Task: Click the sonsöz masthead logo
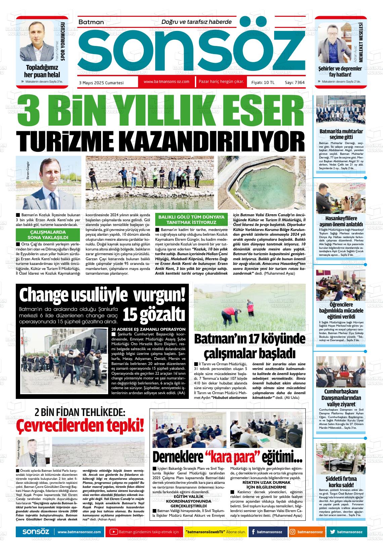[x=191, y=50]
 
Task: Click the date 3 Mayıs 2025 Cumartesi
[x=101, y=82]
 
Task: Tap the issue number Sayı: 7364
[x=295, y=82]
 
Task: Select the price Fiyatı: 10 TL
[x=263, y=82]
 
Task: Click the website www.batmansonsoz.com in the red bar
[x=166, y=82]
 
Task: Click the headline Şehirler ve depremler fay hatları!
[x=340, y=72]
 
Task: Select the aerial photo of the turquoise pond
[x=261, y=182]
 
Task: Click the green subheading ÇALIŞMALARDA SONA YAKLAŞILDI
[x=48, y=234]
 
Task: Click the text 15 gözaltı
[x=154, y=314]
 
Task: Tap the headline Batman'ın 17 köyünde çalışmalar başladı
[x=250, y=346]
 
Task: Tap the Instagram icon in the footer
[x=293, y=532]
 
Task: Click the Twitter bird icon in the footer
[x=332, y=532]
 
